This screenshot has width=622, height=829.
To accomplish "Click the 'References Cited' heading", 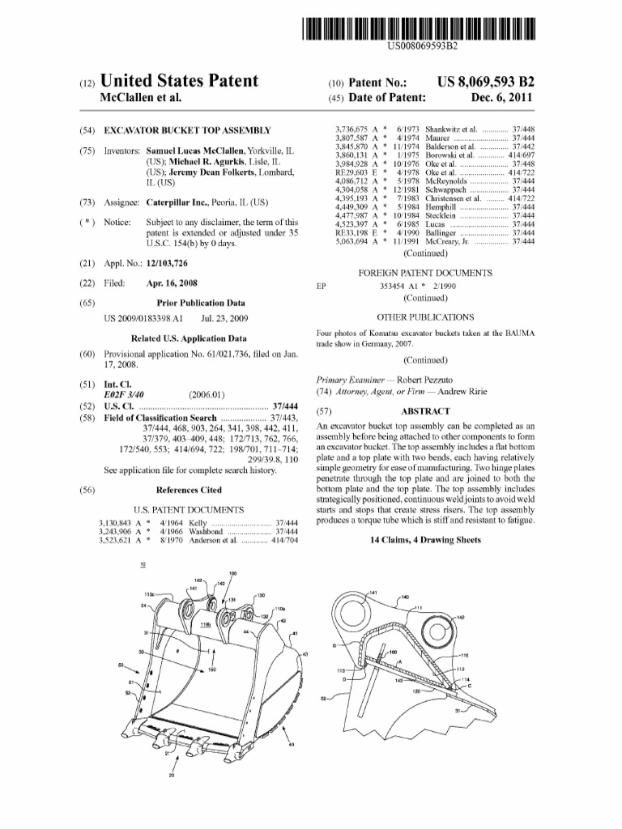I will (188, 490).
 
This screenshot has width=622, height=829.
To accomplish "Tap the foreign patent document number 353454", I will (396, 286).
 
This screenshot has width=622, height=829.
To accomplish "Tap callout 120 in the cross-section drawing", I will (415, 692).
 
